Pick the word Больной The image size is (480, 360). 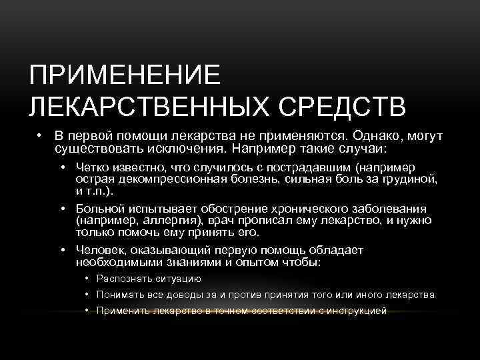[x=97, y=209]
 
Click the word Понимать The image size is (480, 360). [x=119, y=295]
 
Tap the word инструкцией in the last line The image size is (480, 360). [x=356, y=311]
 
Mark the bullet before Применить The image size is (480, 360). [x=87, y=311]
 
